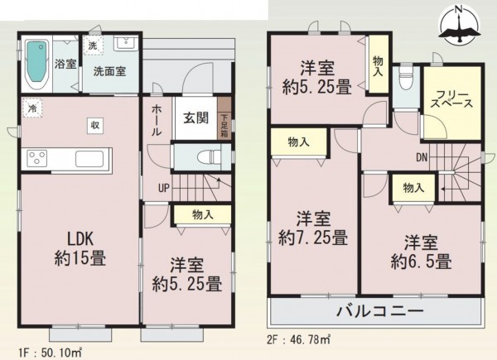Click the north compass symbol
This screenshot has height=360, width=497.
(459, 26)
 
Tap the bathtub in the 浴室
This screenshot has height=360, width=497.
(37, 62)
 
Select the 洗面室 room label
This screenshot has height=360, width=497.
(109, 71)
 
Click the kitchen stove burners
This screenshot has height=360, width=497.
(40, 157)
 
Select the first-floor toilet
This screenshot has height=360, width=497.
(204, 156)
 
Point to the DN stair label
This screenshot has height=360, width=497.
(421, 156)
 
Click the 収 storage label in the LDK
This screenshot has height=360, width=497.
(96, 124)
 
